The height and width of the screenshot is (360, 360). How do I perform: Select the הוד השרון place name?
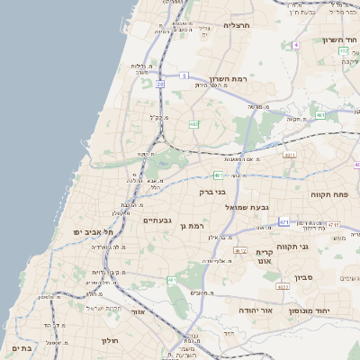(x=337, y=40)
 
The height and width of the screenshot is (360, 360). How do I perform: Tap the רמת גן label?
(x=193, y=225)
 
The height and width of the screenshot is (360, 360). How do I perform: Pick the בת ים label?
(x=22, y=346)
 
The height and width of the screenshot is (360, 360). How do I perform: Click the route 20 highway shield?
(x=159, y=85)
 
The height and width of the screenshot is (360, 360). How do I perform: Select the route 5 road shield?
(x=183, y=76)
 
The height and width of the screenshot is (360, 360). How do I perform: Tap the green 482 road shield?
(x=194, y=123)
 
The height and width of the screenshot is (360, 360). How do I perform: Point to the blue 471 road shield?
(x=284, y=220)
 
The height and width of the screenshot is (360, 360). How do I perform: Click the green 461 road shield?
(x=218, y=175)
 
